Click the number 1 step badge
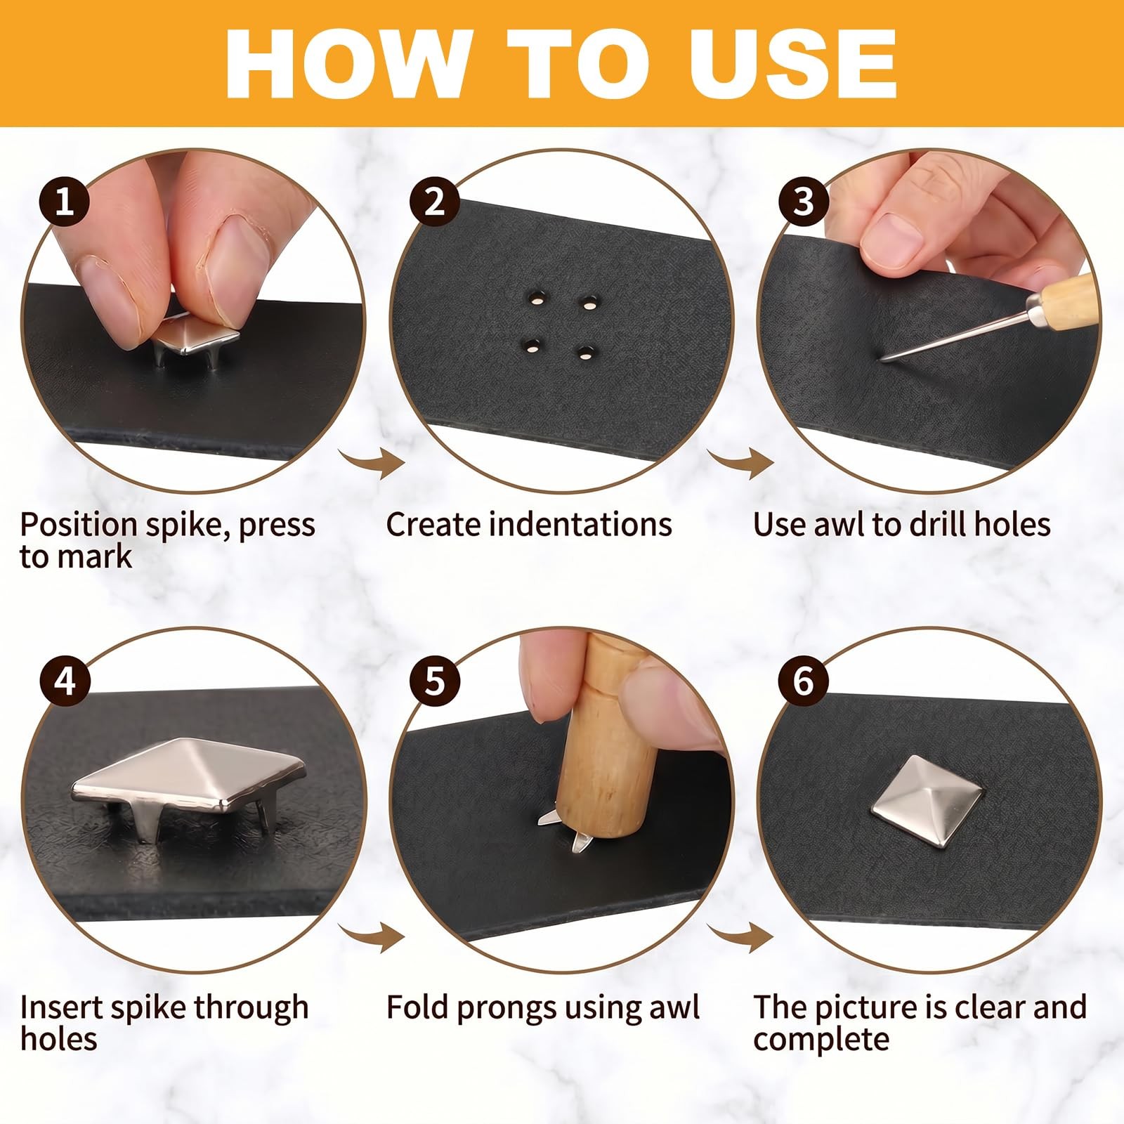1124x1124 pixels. [65, 202]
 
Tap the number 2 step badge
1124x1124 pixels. [435, 202]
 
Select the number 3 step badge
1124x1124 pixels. [804, 202]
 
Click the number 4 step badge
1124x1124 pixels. [65, 681]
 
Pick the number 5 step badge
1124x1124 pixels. [435, 681]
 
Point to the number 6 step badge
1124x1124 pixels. [804, 681]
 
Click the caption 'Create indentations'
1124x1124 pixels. [529, 524]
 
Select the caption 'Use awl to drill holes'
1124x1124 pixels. [901, 524]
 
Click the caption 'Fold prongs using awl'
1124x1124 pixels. [543, 1007]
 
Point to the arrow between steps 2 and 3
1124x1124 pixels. [740, 463]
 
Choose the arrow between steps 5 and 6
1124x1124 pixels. [740, 937]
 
